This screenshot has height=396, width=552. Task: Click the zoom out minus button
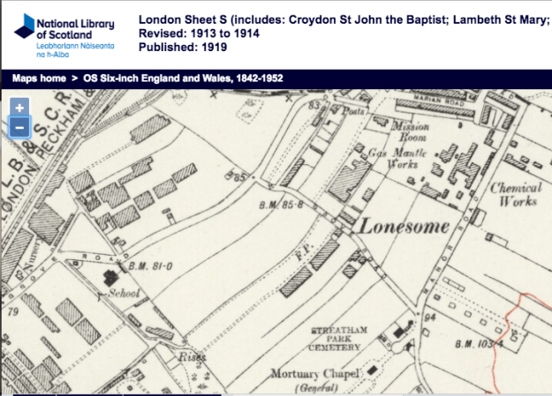19,128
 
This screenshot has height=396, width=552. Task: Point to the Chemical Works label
514,194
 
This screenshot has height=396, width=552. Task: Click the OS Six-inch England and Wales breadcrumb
183,78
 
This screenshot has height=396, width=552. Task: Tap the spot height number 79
12,311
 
